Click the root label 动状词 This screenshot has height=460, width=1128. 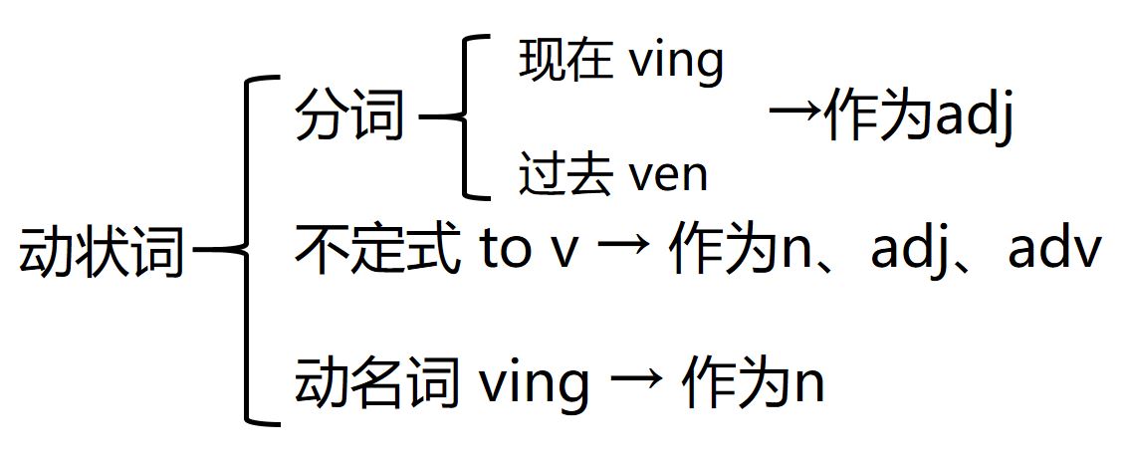[x=102, y=252]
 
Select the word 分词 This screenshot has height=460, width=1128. [x=349, y=118]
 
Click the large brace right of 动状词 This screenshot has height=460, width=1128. [x=251, y=251]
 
